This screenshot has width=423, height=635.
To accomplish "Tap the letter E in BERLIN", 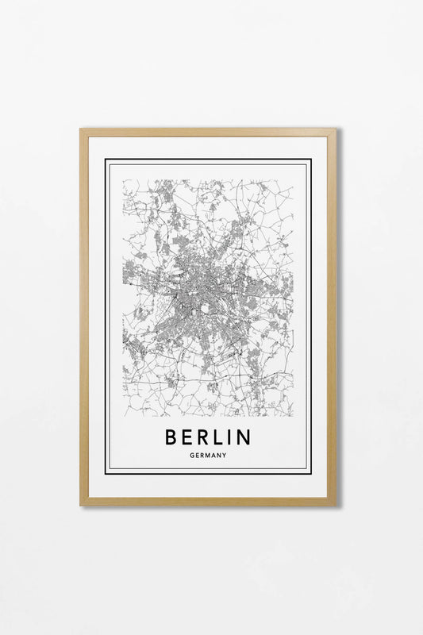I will coord(188,437).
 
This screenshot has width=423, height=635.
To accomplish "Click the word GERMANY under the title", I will coord(209,456).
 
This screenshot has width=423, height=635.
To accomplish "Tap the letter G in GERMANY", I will coord(193,456).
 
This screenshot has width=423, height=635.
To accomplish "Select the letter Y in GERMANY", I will coord(225,456).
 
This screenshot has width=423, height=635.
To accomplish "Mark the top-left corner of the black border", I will coord(106,160).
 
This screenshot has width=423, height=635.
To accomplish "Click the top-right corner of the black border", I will coord(310,160).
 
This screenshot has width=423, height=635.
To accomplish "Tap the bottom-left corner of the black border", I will coord(106,473).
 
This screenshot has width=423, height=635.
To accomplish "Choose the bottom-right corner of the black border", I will coord(310,473).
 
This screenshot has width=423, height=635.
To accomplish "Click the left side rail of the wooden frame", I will coord(84,317).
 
